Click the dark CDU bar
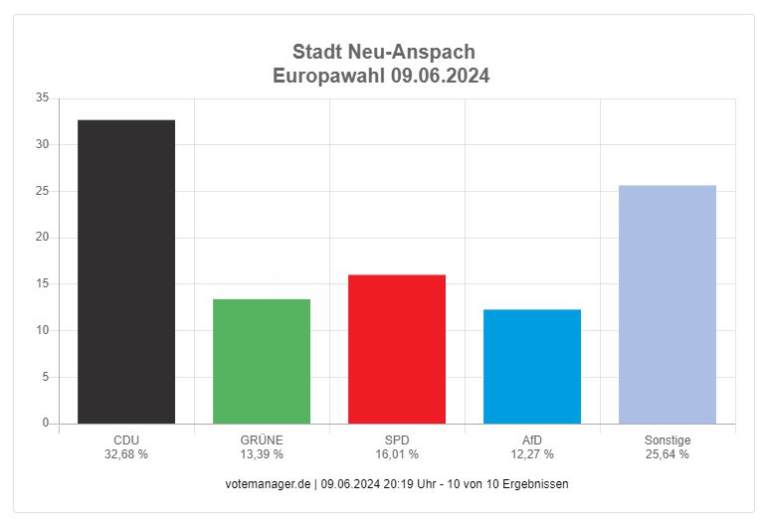tap(126, 271)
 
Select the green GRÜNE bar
tap(262, 361)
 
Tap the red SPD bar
tap(397, 349)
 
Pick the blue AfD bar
tap(532, 366)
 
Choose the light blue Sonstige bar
tap(668, 304)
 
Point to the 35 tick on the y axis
tap(42, 97)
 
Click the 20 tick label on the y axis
tap(42, 238)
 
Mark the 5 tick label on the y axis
tap(45, 377)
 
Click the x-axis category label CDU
tap(126, 439)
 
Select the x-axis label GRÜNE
tap(262, 439)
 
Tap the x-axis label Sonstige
tap(668, 439)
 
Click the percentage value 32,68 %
tap(126, 453)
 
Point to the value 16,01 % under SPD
tap(397, 453)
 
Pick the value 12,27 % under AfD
tap(532, 453)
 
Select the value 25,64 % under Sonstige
tap(668, 453)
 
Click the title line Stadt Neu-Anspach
tap(383, 52)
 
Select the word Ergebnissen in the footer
tap(536, 483)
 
